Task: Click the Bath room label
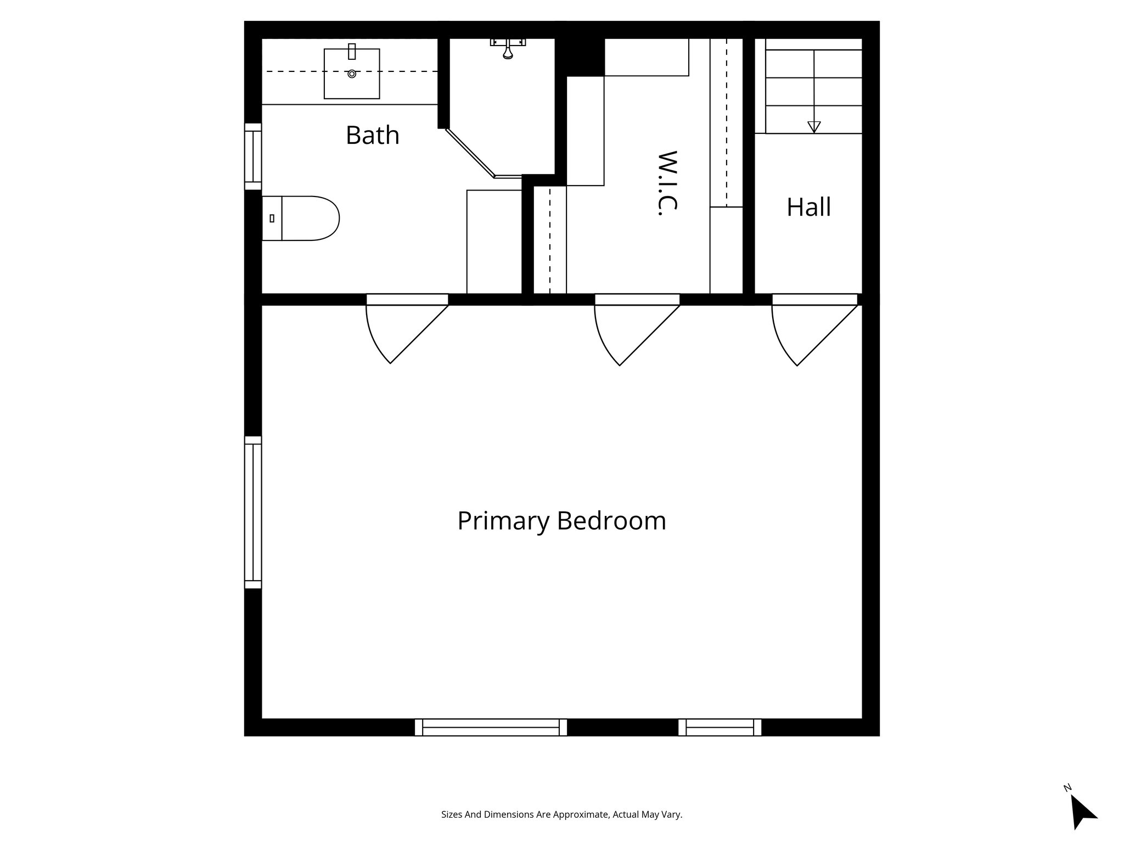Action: [372, 135]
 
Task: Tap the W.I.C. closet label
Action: [667, 183]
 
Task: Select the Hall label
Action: [808, 207]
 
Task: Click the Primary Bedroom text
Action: [561, 520]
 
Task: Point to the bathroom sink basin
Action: [352, 74]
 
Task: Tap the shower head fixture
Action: [508, 49]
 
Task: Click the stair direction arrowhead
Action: [814, 127]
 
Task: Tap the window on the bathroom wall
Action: [253, 156]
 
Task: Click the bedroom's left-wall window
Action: [253, 512]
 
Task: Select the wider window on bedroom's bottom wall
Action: [491, 727]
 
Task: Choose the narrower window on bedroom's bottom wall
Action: [720, 727]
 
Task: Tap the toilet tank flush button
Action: [272, 218]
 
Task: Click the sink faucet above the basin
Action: [352, 52]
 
